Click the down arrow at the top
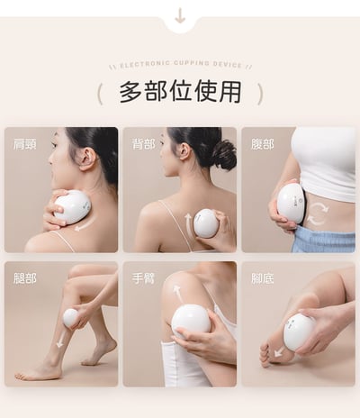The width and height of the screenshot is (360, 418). pos(180,15)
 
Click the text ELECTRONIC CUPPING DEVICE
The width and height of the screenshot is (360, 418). pos(180,66)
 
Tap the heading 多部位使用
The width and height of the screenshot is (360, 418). pos(180,92)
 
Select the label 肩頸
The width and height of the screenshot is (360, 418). pos(25,143)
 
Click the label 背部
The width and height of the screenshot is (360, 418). pos(144,143)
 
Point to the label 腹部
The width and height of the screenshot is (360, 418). pos(263,143)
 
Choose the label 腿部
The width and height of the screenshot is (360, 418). pos(25,278)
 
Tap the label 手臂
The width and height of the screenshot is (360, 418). pos(144,278)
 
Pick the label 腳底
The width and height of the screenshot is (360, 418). pos(263,278)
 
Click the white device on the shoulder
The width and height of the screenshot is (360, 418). pos(72,207)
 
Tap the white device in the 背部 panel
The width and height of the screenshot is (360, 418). pos(206,223)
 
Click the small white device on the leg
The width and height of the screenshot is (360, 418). pos(70,317)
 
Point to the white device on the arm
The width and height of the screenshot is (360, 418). pos(191,319)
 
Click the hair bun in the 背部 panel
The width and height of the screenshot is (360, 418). pos(222,153)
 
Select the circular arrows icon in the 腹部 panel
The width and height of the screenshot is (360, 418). pos(318,214)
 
